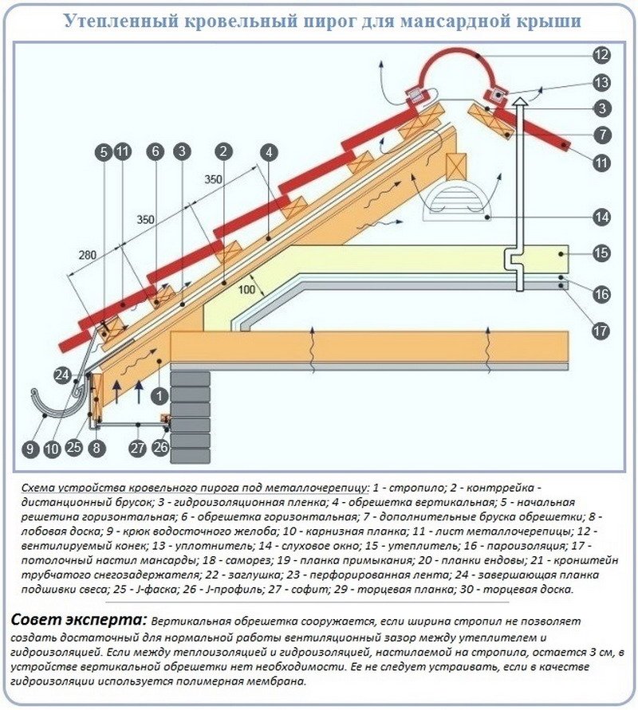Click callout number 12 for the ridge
coord(601,55)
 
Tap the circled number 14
coord(601,216)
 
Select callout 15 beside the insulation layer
coord(601,253)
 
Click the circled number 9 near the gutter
coord(30,449)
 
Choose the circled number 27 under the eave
coord(138,448)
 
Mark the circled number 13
coord(601,82)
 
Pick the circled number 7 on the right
coord(601,135)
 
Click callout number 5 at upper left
coord(104,150)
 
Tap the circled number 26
coord(160,448)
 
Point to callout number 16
coord(601,294)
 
